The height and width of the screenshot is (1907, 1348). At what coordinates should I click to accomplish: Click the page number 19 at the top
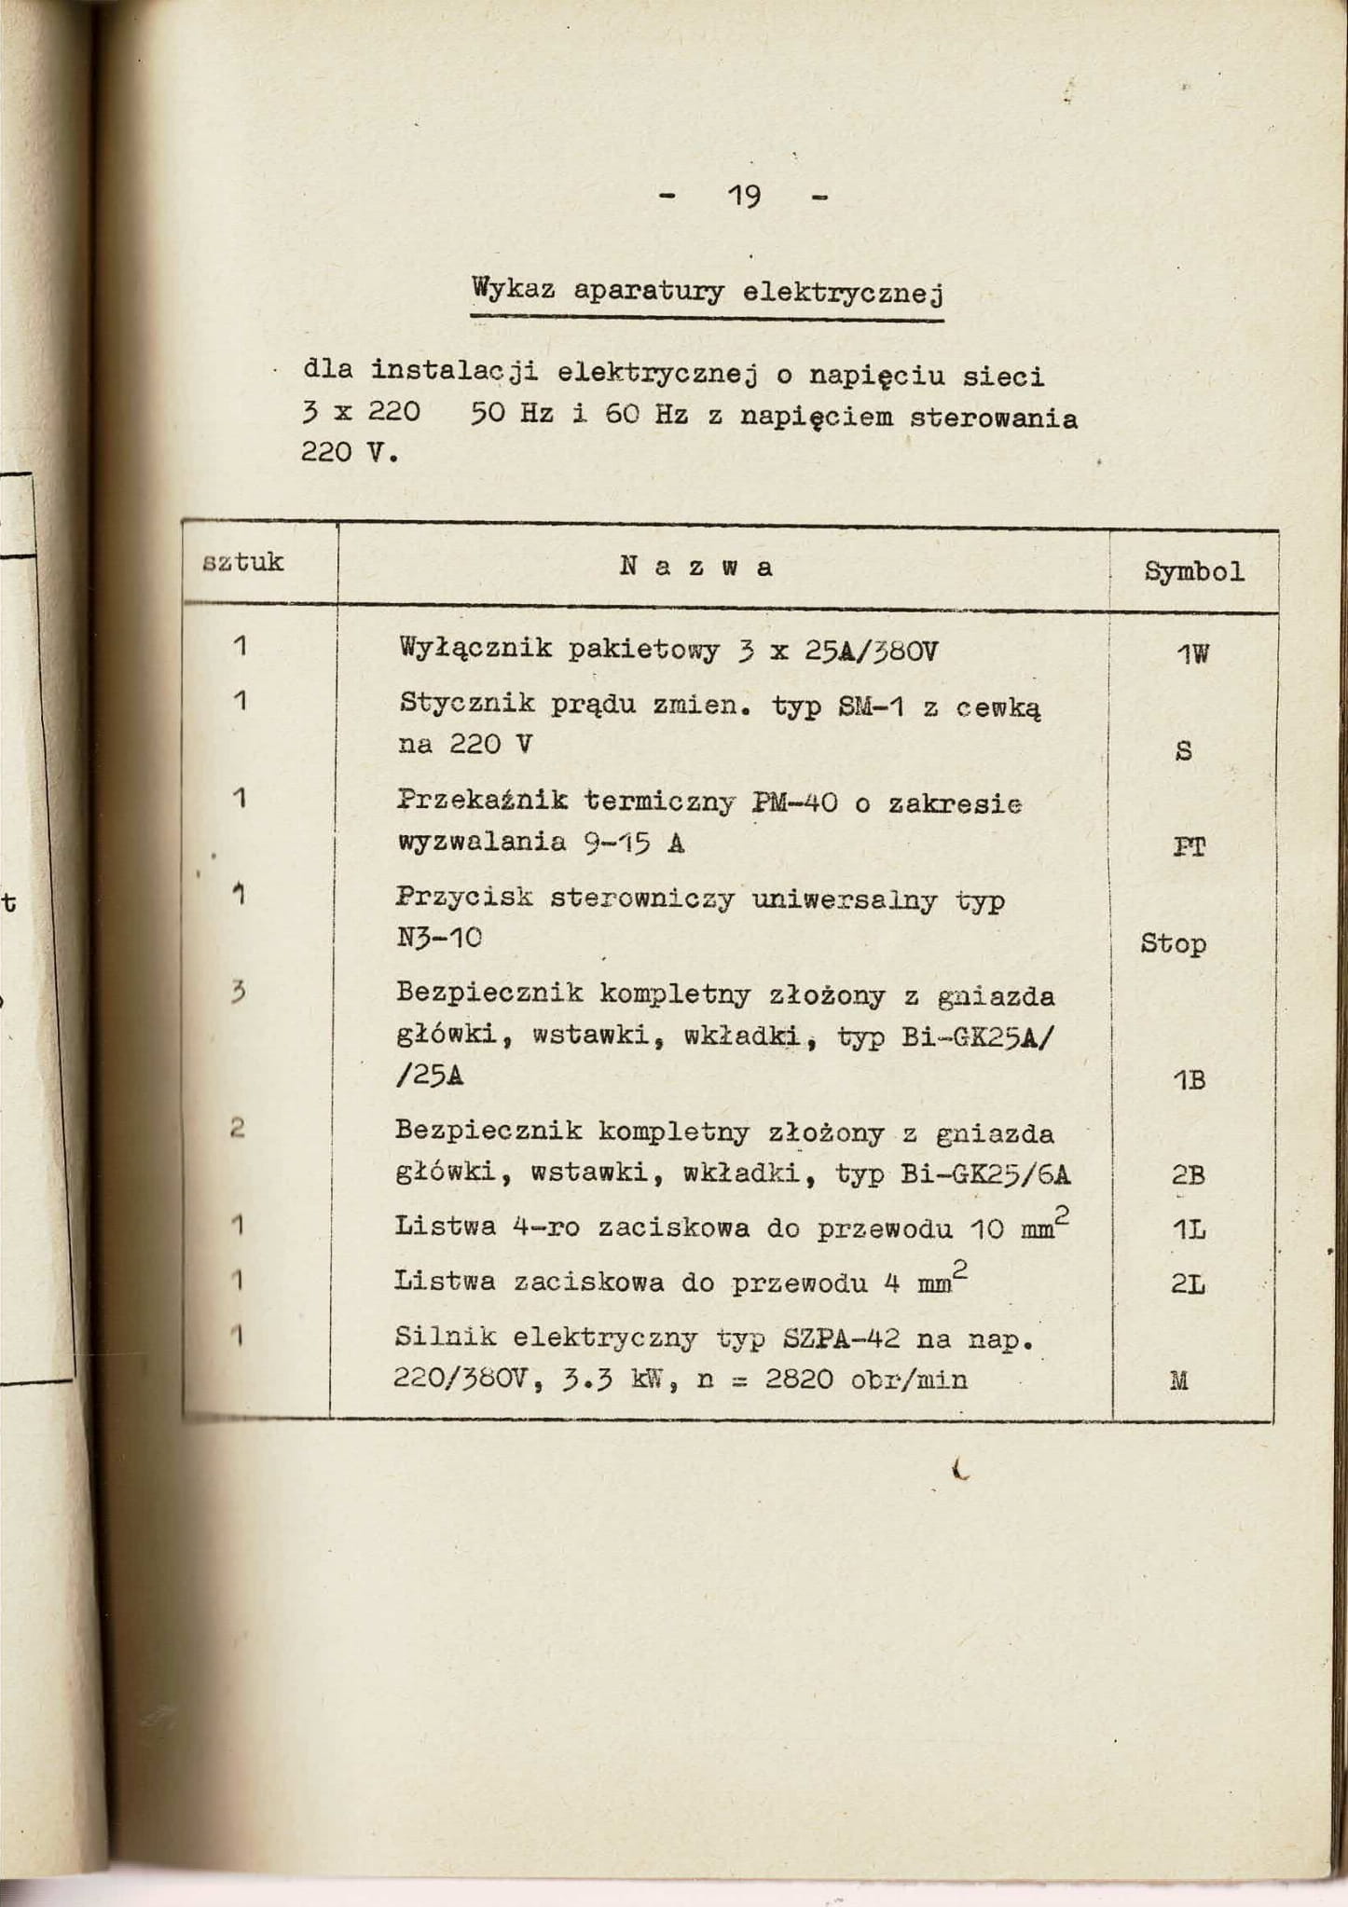point(744,197)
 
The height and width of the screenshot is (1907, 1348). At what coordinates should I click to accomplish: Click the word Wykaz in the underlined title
point(514,288)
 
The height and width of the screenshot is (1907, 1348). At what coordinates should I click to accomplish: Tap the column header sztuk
point(243,562)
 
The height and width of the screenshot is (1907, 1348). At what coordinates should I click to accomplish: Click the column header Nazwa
point(695,567)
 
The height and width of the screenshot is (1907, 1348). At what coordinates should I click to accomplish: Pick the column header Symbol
point(1193,571)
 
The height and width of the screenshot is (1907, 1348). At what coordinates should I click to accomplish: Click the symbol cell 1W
point(1191,654)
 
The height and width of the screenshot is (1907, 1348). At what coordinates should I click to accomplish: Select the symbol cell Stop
point(1173,943)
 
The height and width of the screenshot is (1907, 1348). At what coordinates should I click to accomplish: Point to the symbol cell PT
point(1189,846)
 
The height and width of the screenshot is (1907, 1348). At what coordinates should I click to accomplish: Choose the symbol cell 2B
point(1189,1175)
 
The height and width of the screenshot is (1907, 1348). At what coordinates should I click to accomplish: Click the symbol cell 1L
point(1189,1230)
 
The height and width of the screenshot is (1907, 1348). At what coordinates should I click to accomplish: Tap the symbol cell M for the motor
point(1178,1380)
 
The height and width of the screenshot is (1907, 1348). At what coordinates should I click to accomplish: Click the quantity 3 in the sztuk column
point(239,994)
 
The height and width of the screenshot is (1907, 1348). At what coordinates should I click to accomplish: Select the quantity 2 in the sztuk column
point(238,1129)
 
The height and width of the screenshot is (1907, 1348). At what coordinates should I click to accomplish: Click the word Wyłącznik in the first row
point(475,648)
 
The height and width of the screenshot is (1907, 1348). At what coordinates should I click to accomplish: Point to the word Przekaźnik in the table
point(482,800)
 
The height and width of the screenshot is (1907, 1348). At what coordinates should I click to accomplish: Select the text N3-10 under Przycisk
point(439,940)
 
